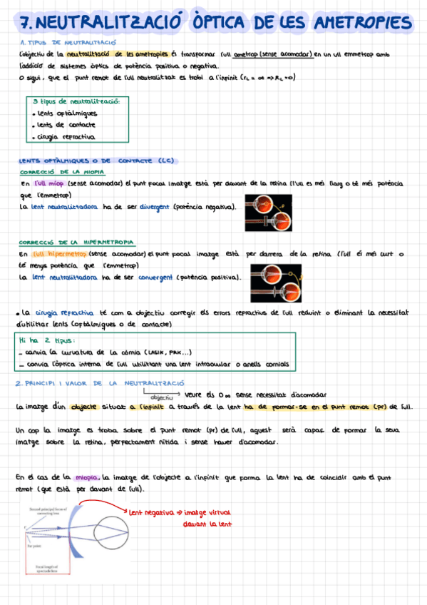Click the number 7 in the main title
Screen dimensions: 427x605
(x=26, y=24)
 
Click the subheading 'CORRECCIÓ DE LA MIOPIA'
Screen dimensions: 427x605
(x=62, y=172)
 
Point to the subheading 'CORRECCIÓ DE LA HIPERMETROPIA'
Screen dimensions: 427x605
(x=76, y=242)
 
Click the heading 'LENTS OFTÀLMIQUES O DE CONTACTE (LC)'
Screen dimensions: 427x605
(x=96, y=160)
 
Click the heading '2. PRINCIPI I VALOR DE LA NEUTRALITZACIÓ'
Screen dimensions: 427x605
(x=88, y=383)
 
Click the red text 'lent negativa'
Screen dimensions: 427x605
(x=153, y=511)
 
